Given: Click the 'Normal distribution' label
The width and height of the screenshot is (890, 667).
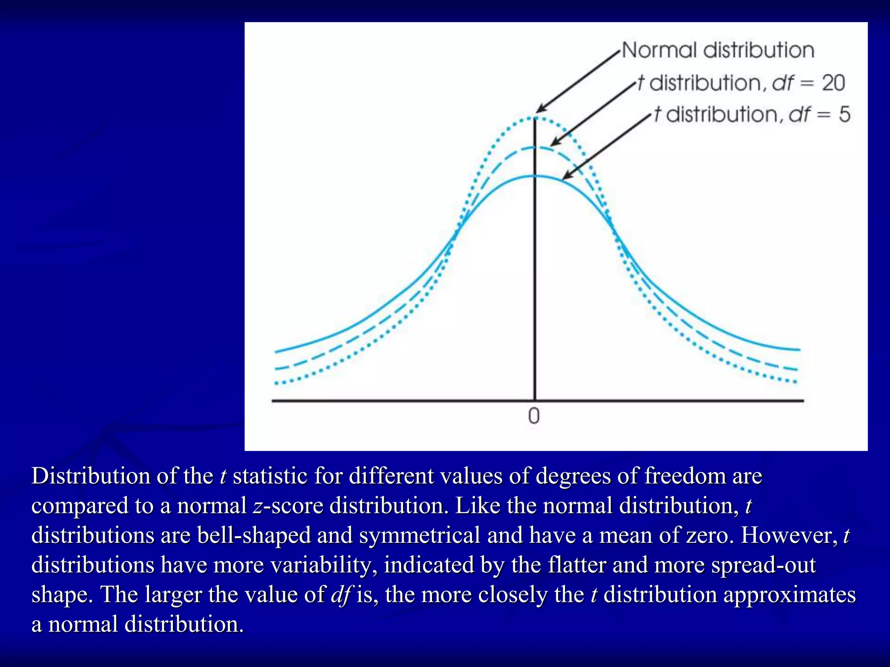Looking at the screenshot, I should [718, 50].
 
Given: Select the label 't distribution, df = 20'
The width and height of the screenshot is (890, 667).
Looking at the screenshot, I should [741, 83].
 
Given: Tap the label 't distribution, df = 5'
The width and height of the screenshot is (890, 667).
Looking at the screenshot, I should [752, 115].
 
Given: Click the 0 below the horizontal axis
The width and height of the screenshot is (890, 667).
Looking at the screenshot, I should [534, 416].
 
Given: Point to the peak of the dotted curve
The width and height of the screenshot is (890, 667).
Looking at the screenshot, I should [535, 117].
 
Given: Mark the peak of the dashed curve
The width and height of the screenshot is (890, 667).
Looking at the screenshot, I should [535, 148].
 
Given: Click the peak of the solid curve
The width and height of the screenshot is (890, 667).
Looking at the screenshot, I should [535, 176].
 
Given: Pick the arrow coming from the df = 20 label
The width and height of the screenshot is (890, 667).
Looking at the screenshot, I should [593, 113].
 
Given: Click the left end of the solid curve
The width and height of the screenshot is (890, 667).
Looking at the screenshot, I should [276, 351].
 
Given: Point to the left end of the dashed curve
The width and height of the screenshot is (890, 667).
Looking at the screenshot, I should [276, 369].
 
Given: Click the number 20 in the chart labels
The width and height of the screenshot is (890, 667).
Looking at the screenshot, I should [833, 83].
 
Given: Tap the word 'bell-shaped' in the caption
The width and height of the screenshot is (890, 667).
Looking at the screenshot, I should [254, 535].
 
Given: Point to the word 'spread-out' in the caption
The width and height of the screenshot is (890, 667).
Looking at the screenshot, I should [764, 565].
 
